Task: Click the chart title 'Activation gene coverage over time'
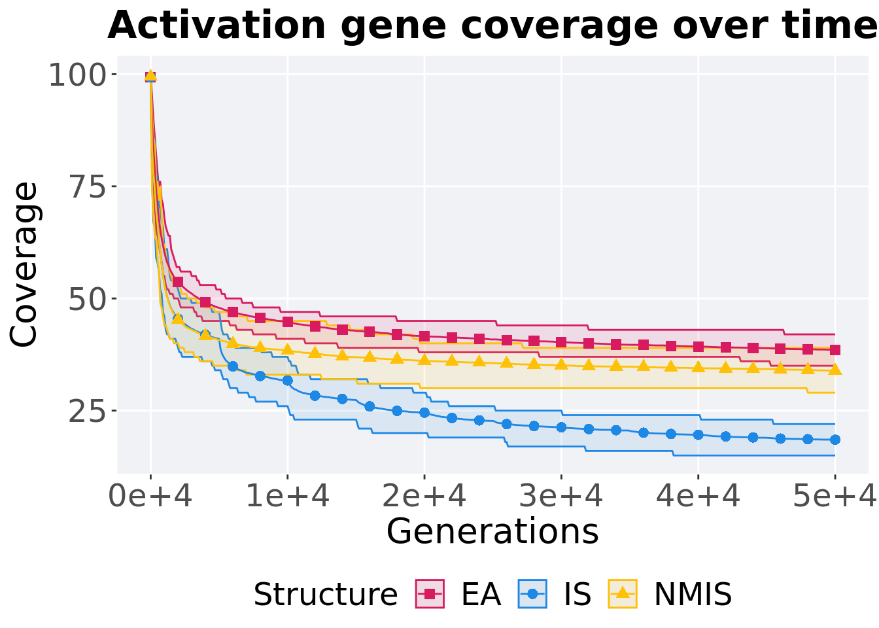point(492,26)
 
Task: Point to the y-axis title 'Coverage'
point(25,264)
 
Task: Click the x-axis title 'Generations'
point(492,531)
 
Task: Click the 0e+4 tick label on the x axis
point(150,497)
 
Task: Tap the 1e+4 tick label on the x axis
point(287,497)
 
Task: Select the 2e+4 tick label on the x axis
point(424,497)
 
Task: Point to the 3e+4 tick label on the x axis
point(561,497)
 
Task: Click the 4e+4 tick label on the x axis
point(698,497)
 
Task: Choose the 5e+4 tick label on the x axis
point(834,497)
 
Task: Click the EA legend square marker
point(430,594)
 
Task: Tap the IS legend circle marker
point(532,594)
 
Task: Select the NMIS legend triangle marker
point(623,593)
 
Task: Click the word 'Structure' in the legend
point(325,595)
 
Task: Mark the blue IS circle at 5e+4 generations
point(835,440)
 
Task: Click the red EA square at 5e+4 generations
point(835,350)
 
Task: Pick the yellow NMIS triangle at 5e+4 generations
point(835,370)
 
